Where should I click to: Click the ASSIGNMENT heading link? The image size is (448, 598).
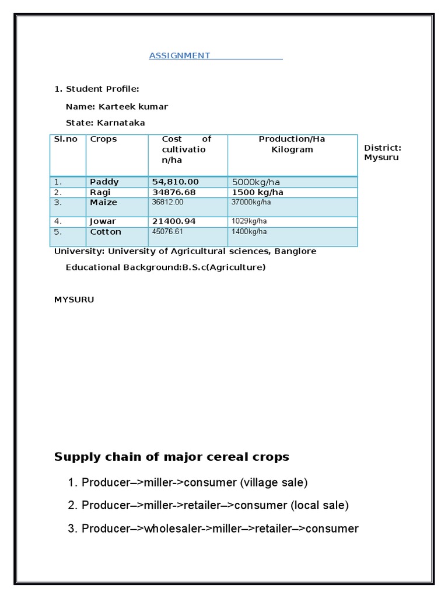click(179, 55)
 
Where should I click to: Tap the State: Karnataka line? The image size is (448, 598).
click(105, 123)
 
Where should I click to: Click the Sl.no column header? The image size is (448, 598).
click(66, 139)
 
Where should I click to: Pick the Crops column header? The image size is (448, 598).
click(103, 139)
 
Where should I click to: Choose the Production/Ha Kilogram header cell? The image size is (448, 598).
click(292, 144)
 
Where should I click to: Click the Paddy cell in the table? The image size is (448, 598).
click(104, 182)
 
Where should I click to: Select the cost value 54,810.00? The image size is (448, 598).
click(175, 182)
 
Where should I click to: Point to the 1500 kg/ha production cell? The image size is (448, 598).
click(257, 192)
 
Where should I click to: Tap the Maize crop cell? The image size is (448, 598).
click(103, 202)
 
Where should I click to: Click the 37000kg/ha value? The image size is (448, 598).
click(251, 202)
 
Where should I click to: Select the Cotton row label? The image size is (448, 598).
click(106, 232)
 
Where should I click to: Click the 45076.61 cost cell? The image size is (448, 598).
click(167, 232)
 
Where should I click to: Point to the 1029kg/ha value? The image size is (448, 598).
click(249, 221)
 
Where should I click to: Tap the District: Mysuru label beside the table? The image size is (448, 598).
click(382, 152)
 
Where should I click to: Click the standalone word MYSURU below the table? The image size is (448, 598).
click(74, 300)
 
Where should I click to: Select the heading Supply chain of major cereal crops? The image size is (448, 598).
click(171, 457)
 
